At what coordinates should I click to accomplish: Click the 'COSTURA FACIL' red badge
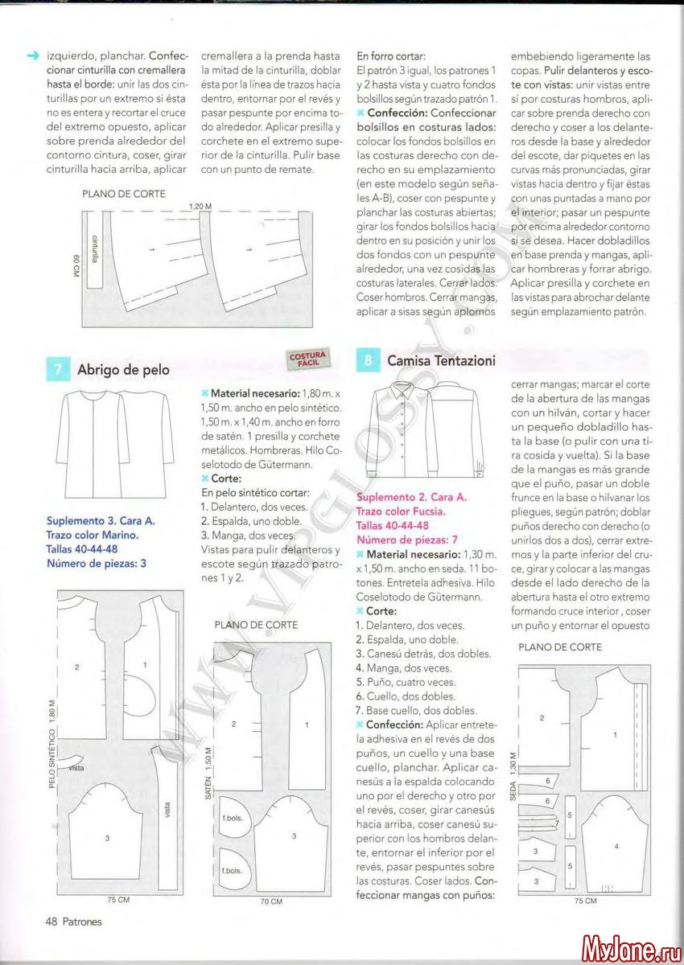[307, 358]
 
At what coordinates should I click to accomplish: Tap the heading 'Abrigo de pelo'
[123, 370]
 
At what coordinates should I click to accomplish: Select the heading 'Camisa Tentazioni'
[440, 361]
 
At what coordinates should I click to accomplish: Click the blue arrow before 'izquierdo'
[33, 56]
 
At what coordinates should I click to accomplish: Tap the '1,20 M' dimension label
[200, 207]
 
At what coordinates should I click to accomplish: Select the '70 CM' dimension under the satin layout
[271, 901]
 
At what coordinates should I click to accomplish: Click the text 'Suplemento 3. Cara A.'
[101, 520]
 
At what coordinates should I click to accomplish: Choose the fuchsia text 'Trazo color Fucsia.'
[400, 511]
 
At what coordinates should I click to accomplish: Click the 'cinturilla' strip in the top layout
[95, 248]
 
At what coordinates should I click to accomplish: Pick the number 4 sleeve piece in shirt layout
[616, 846]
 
